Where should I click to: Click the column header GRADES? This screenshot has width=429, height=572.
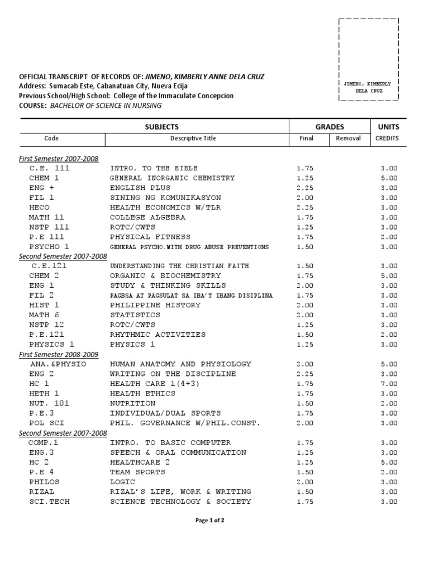330,127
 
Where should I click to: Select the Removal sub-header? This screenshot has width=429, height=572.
349,139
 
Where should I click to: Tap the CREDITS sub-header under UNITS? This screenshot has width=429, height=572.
387,139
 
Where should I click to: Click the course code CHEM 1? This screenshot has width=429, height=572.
44,178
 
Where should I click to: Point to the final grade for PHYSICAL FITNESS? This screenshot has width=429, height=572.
305,237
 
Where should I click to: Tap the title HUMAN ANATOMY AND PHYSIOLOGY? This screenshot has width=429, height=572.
180,364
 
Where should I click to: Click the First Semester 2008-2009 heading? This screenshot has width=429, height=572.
59,354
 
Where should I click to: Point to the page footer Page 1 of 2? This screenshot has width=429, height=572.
209,520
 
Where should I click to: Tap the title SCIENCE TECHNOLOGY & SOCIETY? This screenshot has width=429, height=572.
180,501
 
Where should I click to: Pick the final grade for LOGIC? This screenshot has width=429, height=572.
305,482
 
